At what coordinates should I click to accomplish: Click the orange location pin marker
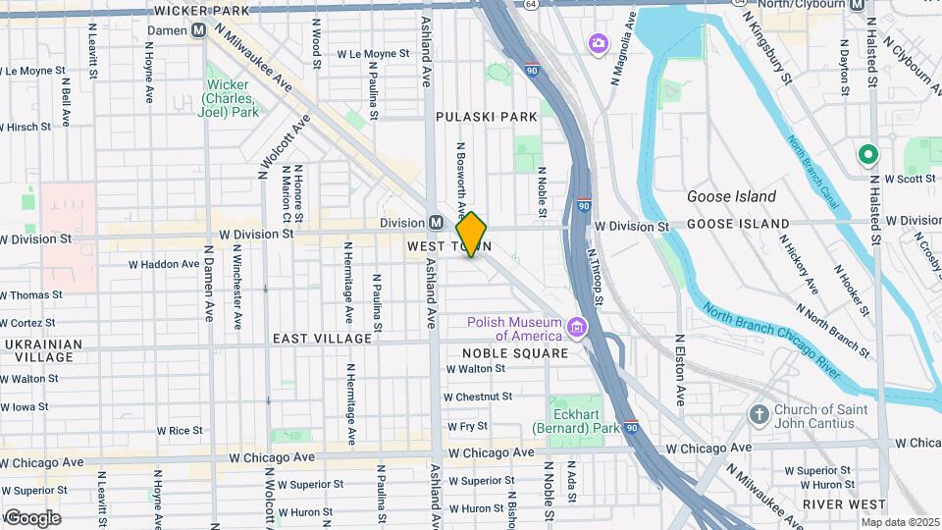[x=472, y=235]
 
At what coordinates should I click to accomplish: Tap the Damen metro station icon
[x=199, y=30]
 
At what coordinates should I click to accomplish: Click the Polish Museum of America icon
[x=576, y=327]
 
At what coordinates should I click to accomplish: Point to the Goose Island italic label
[x=731, y=196]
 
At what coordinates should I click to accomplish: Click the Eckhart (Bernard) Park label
[x=576, y=421]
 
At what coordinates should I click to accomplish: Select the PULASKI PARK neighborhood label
[x=487, y=117]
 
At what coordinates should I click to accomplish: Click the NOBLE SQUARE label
[x=515, y=353]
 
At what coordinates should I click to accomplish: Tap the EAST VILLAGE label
[x=322, y=339]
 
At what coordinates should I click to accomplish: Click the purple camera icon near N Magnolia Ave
[x=597, y=43]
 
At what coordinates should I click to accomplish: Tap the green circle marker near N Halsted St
[x=867, y=154]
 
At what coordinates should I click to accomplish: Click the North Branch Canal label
[x=812, y=172]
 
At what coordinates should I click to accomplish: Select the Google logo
[x=31, y=517]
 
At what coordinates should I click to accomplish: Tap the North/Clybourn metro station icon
[x=857, y=6]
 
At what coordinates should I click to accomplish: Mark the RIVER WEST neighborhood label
[x=838, y=503]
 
